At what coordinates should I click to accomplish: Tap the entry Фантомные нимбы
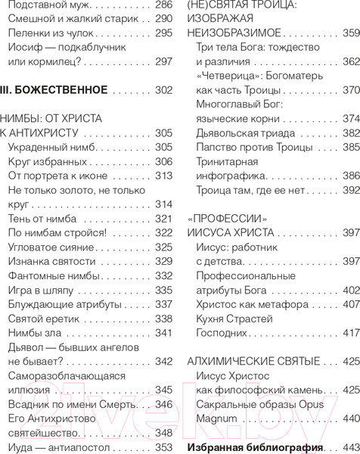pyautogui.click(x=49, y=275)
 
